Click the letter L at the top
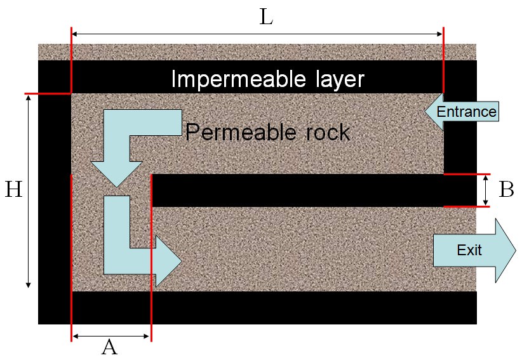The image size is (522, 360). point(267,17)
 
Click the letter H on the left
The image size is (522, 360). point(13,189)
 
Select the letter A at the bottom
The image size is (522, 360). point(109,347)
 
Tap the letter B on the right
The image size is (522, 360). point(506,189)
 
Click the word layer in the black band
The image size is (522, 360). point(334,79)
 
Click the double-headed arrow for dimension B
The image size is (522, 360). point(486,190)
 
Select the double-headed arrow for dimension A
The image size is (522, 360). point(111,336)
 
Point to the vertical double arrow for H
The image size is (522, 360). point(28,190)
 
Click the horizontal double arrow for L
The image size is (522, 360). point(257,34)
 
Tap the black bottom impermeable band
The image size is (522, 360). point(254,308)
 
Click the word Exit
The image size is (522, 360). point(469,250)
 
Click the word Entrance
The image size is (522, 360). point(467,112)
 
